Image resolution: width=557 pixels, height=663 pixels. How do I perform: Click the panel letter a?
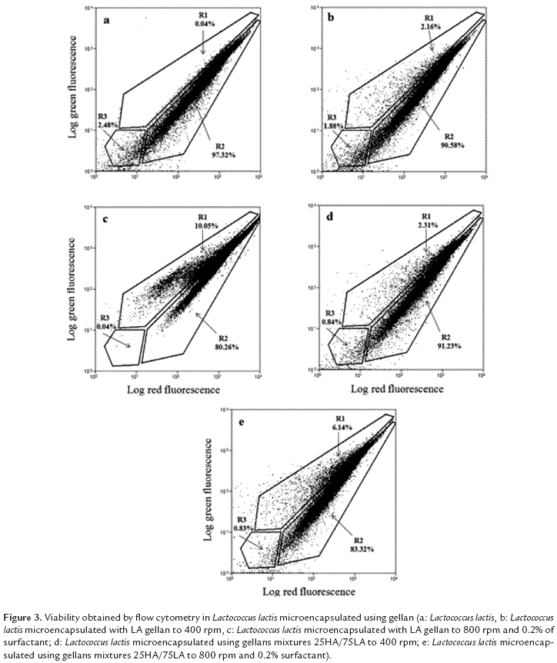108,21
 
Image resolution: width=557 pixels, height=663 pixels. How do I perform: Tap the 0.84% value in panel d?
330,322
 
